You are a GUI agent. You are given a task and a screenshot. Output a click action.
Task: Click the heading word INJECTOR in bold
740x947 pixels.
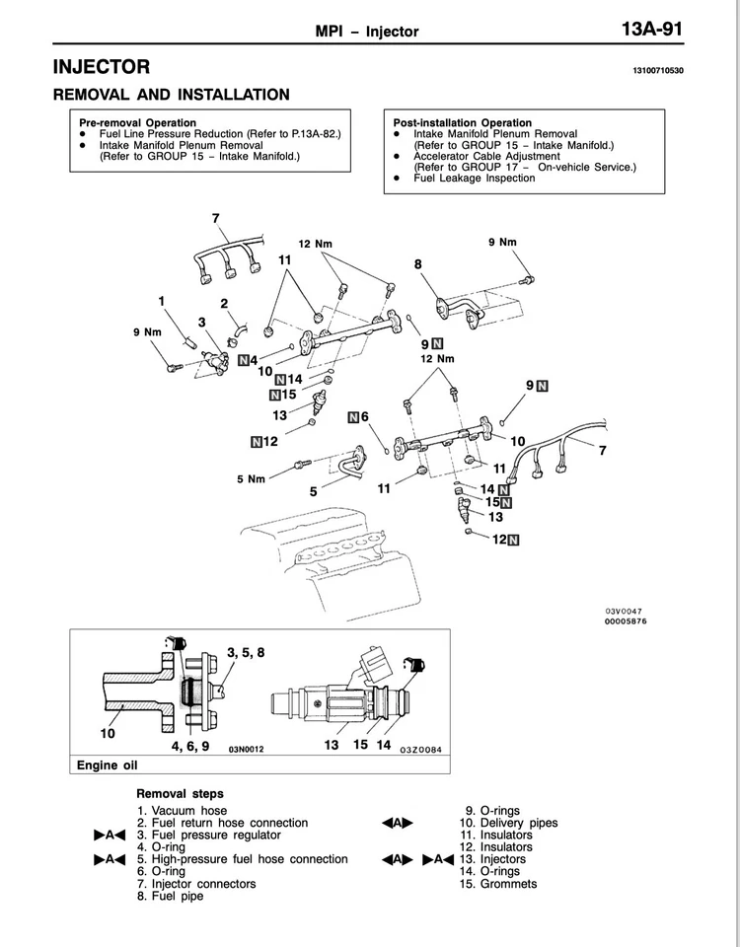[102, 67]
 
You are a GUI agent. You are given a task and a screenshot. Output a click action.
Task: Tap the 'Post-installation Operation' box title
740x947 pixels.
[463, 122]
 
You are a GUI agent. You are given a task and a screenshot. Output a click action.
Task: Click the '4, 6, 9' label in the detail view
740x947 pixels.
[189, 747]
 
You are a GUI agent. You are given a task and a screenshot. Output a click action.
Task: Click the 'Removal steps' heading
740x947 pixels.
[180, 793]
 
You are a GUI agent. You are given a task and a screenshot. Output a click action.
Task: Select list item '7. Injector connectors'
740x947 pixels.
[197, 883]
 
